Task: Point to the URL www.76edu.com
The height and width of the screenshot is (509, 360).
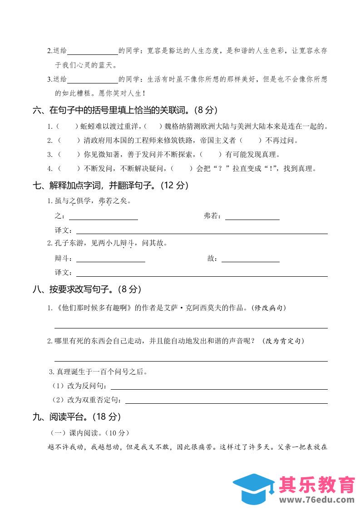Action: click(317, 500)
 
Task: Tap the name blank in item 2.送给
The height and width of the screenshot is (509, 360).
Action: click(93, 51)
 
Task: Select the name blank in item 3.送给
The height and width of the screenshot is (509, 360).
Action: click(93, 79)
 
